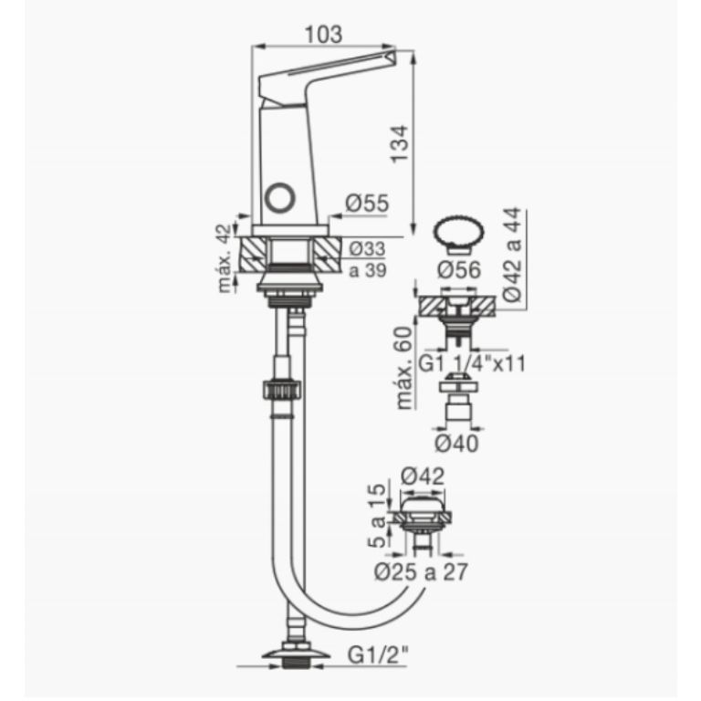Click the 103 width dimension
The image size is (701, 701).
click(323, 35)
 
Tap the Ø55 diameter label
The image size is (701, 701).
click(368, 205)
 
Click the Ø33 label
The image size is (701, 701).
click(367, 248)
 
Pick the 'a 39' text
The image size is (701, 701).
click(367, 270)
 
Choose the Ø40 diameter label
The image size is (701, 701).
click(457, 443)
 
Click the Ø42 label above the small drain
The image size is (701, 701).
click(422, 476)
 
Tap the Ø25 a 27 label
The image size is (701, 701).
click(421, 573)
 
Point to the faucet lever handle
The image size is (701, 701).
click(329, 73)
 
